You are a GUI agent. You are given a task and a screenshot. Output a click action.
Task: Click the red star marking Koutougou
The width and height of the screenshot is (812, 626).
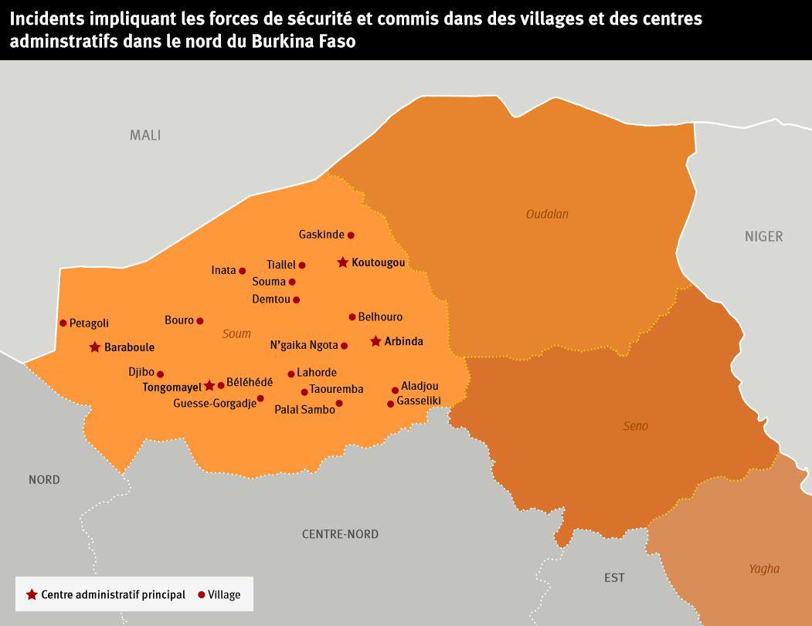click(342, 262)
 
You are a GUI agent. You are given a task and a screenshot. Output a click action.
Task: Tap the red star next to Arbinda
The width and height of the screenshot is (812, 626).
click(375, 341)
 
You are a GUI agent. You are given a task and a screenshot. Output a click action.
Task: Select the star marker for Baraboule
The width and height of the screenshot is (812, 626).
click(95, 347)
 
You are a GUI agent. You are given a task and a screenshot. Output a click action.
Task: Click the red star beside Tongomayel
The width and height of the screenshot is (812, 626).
click(209, 385)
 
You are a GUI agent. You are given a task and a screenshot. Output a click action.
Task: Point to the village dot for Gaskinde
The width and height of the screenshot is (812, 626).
click(351, 235)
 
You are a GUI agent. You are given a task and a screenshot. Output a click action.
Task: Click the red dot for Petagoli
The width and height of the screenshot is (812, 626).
click(63, 323)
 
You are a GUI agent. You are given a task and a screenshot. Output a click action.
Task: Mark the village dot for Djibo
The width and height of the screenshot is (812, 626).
click(161, 374)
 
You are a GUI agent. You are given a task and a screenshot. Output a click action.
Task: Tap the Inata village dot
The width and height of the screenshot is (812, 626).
click(243, 271)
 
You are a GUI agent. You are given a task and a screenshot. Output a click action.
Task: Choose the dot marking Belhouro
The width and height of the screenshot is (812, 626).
click(352, 316)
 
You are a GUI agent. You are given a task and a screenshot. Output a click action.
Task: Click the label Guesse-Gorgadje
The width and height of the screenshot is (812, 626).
click(214, 403)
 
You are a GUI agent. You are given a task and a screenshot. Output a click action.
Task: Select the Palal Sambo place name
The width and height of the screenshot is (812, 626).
click(304, 409)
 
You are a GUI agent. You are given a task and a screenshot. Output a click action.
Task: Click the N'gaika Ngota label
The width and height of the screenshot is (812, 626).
click(304, 345)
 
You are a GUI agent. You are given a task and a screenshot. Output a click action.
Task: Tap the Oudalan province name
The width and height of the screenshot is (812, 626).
click(547, 214)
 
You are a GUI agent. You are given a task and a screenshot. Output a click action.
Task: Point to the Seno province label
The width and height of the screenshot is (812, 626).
click(635, 426)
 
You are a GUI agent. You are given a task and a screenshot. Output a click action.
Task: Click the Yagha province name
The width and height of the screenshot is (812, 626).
click(763, 569)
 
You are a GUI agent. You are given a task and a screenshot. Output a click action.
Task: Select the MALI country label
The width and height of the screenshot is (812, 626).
click(145, 135)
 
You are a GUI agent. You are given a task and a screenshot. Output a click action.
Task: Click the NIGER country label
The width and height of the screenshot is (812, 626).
click(763, 236)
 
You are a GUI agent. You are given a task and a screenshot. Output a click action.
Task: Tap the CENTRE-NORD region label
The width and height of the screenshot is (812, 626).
click(340, 534)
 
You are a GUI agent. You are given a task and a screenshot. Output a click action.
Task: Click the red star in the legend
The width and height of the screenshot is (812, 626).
click(32, 594)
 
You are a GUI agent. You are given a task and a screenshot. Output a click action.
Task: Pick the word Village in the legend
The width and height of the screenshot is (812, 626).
click(224, 594)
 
